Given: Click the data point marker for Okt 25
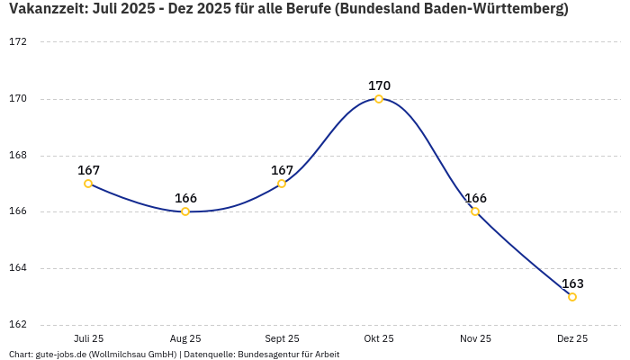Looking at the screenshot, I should pos(379,99).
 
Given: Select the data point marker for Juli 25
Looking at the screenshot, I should pos(88,184).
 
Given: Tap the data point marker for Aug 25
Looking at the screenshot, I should pos(185,211).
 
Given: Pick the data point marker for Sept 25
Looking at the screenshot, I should pos(282,184).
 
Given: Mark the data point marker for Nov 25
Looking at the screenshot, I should pos(475,211).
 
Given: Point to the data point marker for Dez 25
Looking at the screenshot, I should pos(572,297).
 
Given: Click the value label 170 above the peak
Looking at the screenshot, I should pos(379,85).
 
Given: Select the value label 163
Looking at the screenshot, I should pos(572,283).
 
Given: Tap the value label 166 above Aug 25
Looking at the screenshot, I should pos(185,198).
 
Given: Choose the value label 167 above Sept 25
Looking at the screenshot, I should pos(282,170).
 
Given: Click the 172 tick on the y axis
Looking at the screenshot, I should pos(18,42).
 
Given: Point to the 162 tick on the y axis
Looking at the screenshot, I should pos(18,325).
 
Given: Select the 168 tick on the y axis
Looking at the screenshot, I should pos(18,156).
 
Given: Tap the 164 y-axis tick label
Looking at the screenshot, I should pos(18,268).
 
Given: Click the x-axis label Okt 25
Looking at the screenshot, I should pos(379,339).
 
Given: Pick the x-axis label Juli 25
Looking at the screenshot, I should pos(88,339).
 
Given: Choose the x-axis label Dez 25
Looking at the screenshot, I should pos(572,339).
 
